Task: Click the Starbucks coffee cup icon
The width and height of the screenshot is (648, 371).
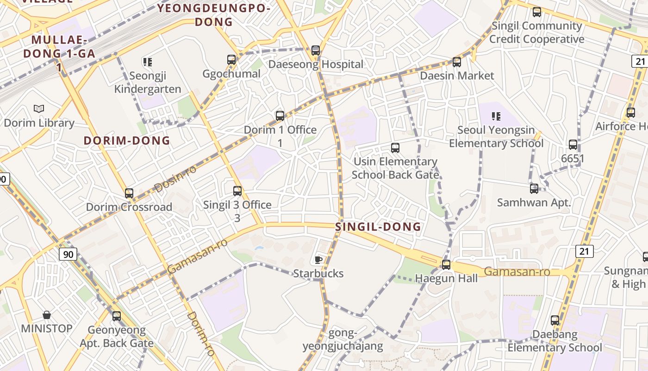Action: coord(318,260)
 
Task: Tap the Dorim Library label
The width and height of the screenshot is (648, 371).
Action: coord(39,123)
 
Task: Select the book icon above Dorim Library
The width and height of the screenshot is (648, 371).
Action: coord(39,109)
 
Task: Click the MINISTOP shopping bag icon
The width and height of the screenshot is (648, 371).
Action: coord(47,315)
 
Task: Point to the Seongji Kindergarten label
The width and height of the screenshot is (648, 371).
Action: coord(148,82)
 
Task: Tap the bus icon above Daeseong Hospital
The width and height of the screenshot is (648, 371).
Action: coord(316,50)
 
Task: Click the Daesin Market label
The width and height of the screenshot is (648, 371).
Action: coord(457,76)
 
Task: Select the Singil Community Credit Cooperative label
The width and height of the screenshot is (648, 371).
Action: coord(537,32)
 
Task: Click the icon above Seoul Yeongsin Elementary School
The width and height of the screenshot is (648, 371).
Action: coord(496,116)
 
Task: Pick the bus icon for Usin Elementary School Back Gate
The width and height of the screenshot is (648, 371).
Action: coord(395,148)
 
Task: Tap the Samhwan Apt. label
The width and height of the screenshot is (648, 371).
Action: coord(534,203)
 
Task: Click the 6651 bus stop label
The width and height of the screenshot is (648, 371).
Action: coord(573,159)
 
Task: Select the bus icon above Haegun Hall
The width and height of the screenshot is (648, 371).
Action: coord(446,265)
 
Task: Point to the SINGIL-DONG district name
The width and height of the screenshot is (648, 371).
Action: coord(378,227)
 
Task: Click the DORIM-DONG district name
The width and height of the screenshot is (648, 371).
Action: coord(127,141)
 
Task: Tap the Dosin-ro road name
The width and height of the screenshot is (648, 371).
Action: coord(175,179)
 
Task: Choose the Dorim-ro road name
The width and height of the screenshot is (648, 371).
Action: coord(201,334)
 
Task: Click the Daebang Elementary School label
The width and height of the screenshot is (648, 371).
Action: coord(555,341)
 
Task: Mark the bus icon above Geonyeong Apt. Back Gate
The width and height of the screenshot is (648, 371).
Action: coord(117,316)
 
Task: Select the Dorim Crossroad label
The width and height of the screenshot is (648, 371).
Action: coord(129,207)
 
